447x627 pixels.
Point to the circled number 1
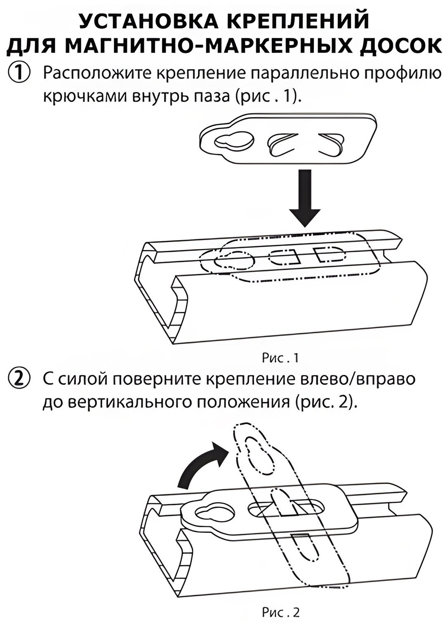(x=18, y=74)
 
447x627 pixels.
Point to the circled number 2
(x=18, y=379)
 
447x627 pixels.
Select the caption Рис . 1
(x=280, y=358)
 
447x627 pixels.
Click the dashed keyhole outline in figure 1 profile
(x=233, y=261)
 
